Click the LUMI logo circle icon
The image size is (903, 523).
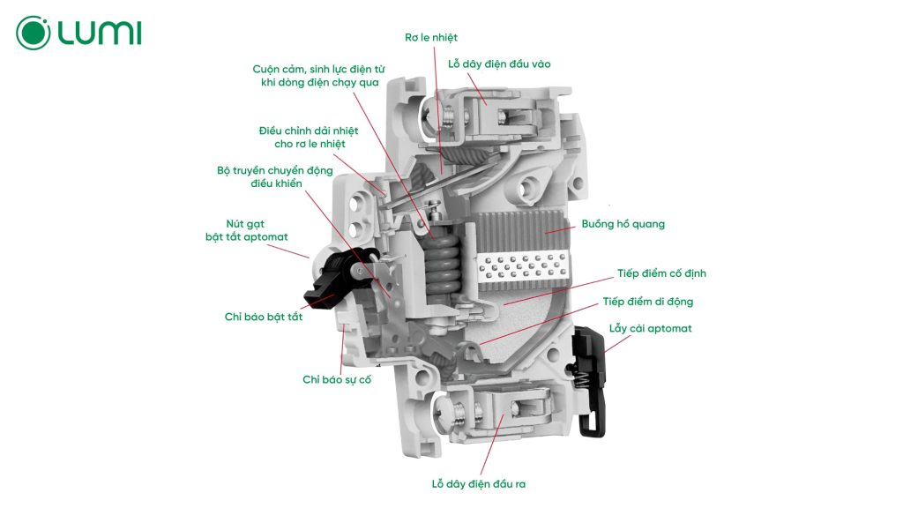pyautogui.click(x=34, y=33)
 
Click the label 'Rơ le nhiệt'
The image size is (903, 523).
pyautogui.click(x=431, y=37)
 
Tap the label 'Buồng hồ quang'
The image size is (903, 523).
pyautogui.click(x=623, y=224)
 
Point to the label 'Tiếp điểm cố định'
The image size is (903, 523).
pyautogui.click(x=654, y=273)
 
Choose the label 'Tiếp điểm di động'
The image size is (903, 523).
pyautogui.click(x=648, y=302)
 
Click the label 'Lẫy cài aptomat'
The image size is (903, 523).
pyautogui.click(x=651, y=328)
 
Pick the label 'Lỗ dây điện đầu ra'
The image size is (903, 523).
pyautogui.click(x=479, y=484)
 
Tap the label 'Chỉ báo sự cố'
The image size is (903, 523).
pyautogui.click(x=337, y=379)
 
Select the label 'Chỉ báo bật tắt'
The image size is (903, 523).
pyautogui.click(x=264, y=316)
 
